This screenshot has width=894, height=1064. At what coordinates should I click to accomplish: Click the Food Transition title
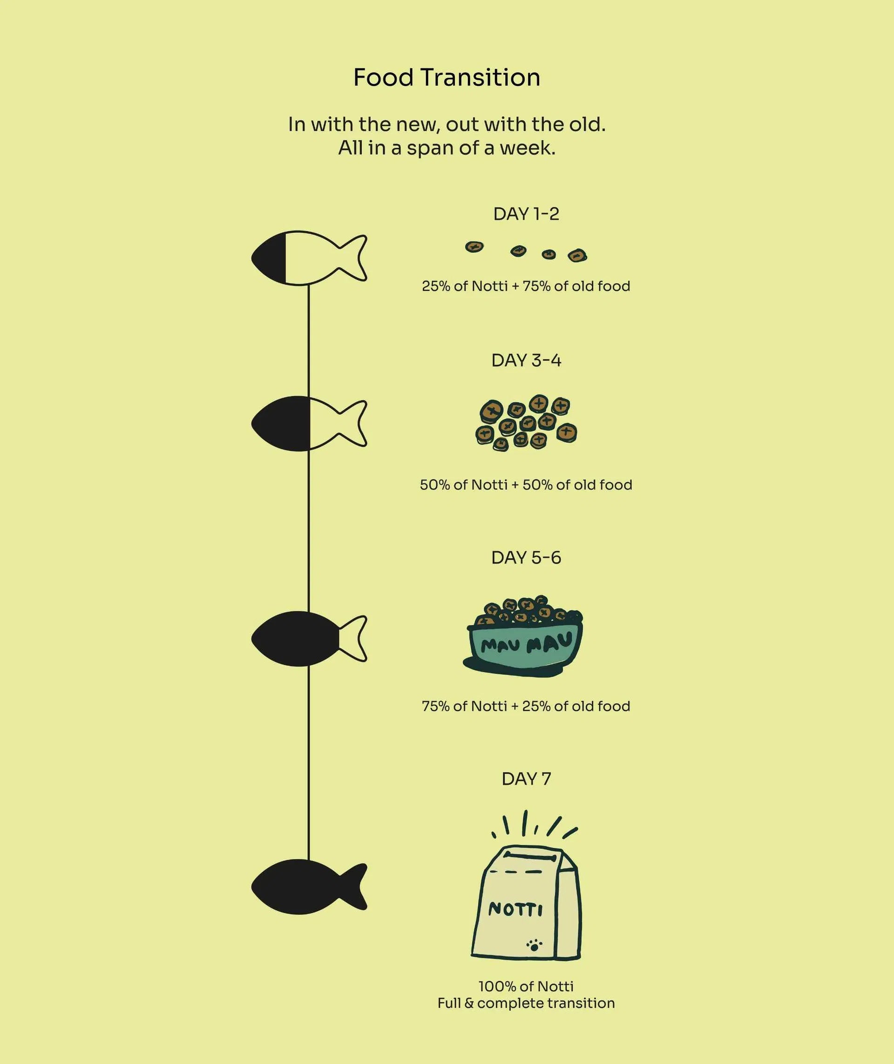click(447, 77)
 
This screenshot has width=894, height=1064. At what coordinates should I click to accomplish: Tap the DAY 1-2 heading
click(526, 214)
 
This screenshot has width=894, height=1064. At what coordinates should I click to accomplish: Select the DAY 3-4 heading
click(526, 361)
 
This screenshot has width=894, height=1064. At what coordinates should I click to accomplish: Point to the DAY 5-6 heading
click(526, 558)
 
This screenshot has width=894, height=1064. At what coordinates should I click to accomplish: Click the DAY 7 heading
click(526, 778)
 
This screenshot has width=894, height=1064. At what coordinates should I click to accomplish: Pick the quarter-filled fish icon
click(309, 258)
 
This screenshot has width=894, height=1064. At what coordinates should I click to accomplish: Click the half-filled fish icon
click(309, 423)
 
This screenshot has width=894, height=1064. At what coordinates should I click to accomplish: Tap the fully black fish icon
click(309, 887)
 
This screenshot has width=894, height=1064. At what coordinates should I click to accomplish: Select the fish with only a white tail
click(309, 639)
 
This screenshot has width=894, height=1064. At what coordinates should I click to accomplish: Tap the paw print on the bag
click(534, 943)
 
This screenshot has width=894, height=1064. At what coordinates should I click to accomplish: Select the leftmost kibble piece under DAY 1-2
click(474, 247)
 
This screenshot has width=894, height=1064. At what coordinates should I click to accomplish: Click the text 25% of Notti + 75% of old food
click(526, 286)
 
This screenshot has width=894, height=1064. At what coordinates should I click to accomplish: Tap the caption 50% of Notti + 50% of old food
click(526, 485)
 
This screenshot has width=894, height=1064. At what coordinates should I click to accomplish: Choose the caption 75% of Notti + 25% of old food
click(526, 706)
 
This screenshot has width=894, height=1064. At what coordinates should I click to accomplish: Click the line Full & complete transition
click(526, 1003)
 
